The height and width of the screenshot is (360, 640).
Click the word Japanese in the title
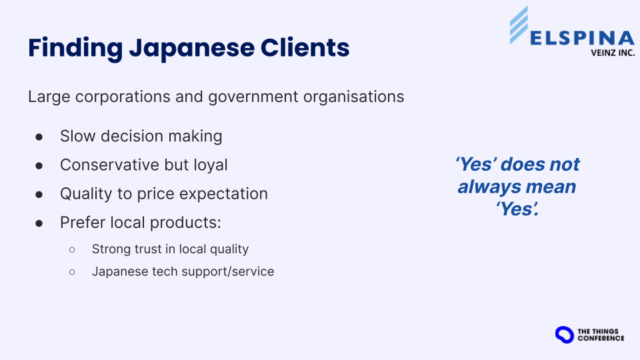[191, 49]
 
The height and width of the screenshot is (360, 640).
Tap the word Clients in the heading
[305, 47]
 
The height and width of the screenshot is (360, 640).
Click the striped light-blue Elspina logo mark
[519, 25]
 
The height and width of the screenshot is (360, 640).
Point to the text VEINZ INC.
[613, 53]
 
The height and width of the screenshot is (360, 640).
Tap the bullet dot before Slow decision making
[39, 137]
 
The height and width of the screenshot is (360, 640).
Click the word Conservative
[110, 165]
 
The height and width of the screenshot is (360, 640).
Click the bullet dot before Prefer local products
[39, 223]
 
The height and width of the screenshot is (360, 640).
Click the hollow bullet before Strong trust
[72, 249]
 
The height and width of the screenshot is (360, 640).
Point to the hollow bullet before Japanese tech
[72, 272]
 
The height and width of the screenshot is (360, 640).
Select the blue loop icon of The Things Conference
[565, 335]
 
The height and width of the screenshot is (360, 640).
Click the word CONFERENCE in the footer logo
[601, 339]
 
